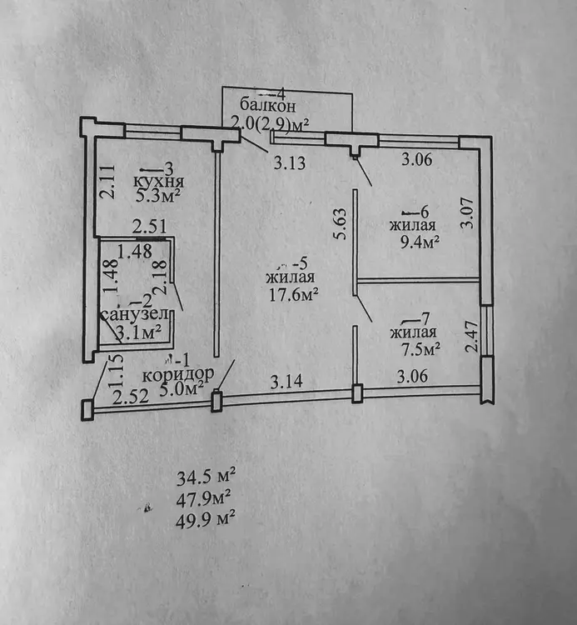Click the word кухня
[158, 182]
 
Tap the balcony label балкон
[267, 106]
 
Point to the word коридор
[178, 375]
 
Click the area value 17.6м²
[293, 295]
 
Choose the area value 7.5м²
[421, 349]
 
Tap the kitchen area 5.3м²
[158, 196]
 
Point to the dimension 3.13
[290, 163]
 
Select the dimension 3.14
[286, 382]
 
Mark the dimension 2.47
[472, 337]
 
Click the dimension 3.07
[467, 213]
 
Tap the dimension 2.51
[149, 227]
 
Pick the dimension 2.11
[107, 182]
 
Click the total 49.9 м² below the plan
[205, 519]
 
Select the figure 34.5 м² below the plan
[206, 477]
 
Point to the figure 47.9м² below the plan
[203, 498]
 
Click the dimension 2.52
[131, 397]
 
